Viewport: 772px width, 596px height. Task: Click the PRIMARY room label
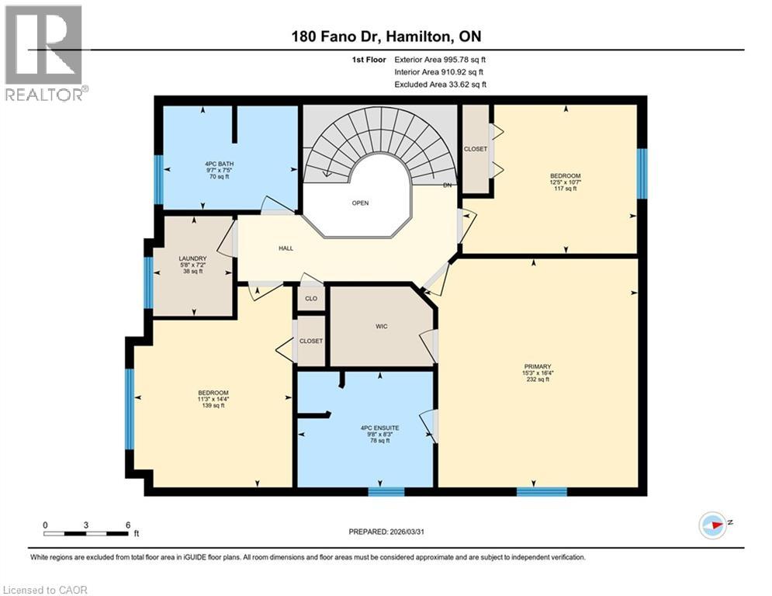pyautogui.click(x=536, y=366)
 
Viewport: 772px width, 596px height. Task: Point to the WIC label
pyautogui.click(x=381, y=326)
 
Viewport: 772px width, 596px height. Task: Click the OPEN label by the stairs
pyautogui.click(x=360, y=203)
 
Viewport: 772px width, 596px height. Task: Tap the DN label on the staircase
pyautogui.click(x=446, y=185)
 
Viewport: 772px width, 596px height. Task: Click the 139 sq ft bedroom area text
pyautogui.click(x=213, y=406)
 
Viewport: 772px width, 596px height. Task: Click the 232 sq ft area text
pyautogui.click(x=536, y=379)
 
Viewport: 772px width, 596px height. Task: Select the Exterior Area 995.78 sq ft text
pyautogui.click(x=440, y=59)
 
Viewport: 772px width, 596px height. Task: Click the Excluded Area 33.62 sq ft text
pyautogui.click(x=440, y=84)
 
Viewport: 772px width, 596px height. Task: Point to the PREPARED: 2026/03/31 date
pyautogui.click(x=386, y=532)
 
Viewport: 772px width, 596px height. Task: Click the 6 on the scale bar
pyautogui.click(x=127, y=525)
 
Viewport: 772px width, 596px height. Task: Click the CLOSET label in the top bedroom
pyautogui.click(x=475, y=149)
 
